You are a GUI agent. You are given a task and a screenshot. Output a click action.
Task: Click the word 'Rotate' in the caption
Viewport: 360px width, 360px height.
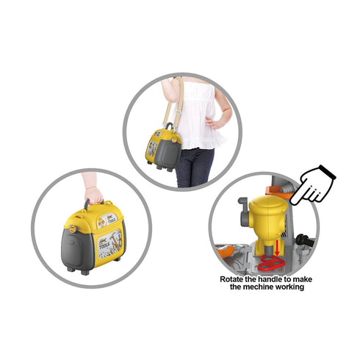point(231,279)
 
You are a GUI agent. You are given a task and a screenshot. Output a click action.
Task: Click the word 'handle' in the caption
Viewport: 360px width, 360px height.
point(269,279)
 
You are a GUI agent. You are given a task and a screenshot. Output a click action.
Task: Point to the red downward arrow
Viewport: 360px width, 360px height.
point(277,248)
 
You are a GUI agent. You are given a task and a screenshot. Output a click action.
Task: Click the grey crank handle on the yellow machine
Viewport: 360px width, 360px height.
point(243,212)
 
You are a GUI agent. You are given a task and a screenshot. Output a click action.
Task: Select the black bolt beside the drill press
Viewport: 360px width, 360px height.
point(304,240)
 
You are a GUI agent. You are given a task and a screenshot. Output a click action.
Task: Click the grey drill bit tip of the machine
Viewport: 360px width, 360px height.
point(269,251)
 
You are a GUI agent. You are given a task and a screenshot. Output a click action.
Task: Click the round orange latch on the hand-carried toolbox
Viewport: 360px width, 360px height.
point(73,228)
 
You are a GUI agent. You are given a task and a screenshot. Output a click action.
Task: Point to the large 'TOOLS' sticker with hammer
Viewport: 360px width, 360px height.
point(109,244)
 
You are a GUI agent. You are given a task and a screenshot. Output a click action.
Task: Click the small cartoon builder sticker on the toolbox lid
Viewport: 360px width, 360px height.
point(101,223)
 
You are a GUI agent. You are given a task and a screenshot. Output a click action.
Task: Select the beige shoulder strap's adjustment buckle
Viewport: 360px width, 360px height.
point(179,112)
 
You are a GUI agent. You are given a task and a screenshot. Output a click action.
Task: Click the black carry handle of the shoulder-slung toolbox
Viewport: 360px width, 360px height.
point(169,126)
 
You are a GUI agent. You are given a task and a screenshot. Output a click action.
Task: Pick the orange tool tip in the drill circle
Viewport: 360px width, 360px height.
point(225,251)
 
